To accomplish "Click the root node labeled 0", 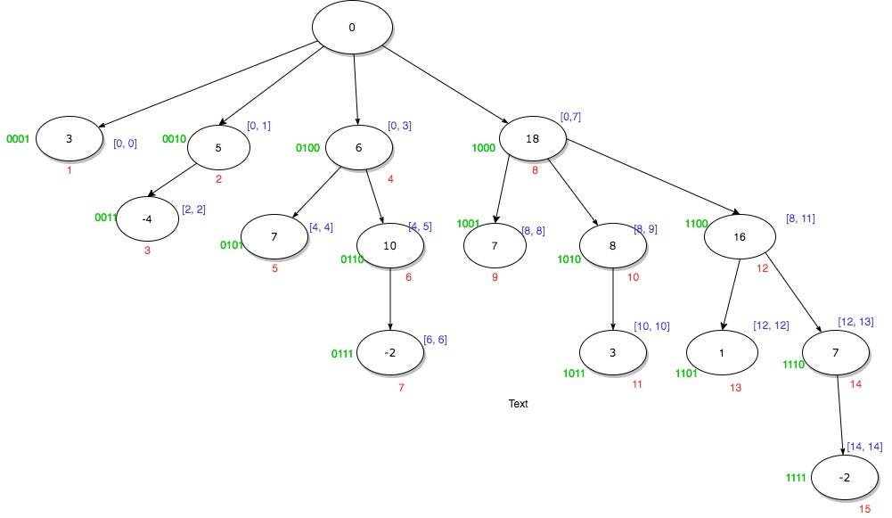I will click(352, 27).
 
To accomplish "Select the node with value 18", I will click(533, 140).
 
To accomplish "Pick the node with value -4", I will click(148, 222).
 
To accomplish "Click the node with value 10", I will click(389, 247).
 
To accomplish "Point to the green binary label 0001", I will click(19, 140).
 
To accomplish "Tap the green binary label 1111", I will click(795, 478).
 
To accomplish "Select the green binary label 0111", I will click(342, 353).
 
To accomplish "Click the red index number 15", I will click(864, 508).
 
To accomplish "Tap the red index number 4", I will click(390, 180).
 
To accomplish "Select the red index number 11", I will click(636, 383).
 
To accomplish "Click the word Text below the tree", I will click(518, 404).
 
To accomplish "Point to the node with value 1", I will click(722, 352).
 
